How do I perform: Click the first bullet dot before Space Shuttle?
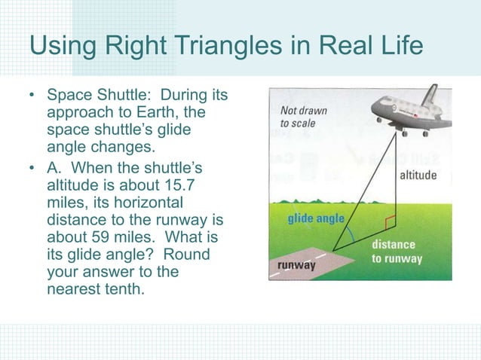pyautogui.click(x=32, y=97)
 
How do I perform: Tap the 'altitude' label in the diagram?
pyautogui.click(x=417, y=175)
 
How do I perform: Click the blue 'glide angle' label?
pyautogui.click(x=315, y=219)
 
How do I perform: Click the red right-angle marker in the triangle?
pyautogui.click(x=389, y=224)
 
